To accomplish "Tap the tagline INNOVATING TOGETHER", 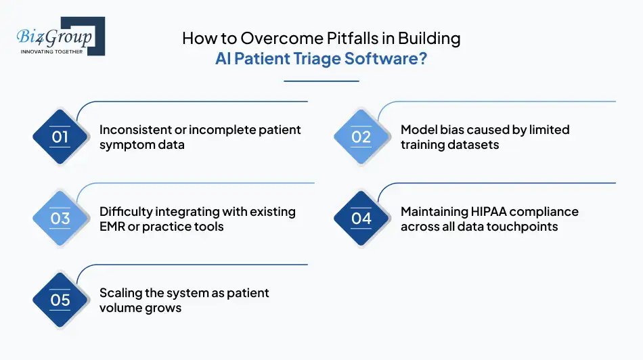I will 51,51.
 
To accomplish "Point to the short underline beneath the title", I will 321,81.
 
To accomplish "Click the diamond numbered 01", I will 60,137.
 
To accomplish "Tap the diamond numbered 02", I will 361,137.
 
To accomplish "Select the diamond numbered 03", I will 60,219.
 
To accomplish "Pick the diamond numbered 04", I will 361,219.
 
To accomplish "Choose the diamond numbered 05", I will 60,300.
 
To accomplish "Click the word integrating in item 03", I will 190,212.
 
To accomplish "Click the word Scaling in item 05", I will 122,293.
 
